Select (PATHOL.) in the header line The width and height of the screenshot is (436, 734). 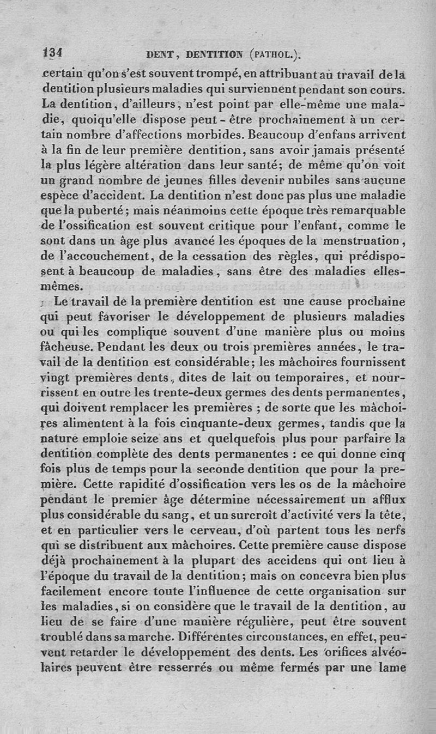pos(275,54)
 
